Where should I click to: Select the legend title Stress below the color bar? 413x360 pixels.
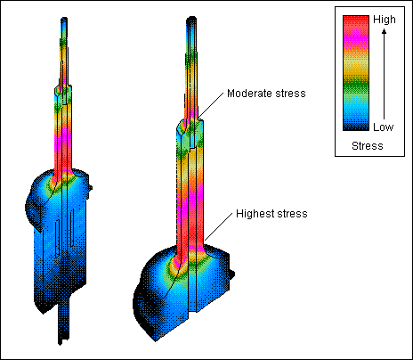pyautogui.click(x=368, y=144)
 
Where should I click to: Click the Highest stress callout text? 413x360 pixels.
pyautogui.click(x=271, y=214)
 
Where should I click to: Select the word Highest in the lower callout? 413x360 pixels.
pyautogui.click(x=255, y=214)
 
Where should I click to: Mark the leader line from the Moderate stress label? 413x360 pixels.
pyautogui.click(x=210, y=107)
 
